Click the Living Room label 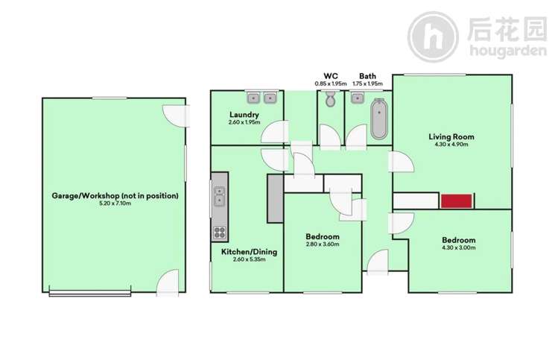click(451, 136)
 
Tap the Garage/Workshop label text click(115, 195)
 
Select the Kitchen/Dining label click(249, 252)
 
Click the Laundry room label click(244, 115)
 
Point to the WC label click(331, 75)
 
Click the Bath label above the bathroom click(367, 75)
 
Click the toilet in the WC click(332, 99)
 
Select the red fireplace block click(457, 200)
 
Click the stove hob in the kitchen click(220, 231)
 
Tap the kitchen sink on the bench click(220, 198)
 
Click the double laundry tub click(261, 97)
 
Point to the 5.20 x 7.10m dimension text click(115, 203)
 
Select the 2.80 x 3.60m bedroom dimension click(323, 244)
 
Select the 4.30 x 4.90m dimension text click(451, 145)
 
